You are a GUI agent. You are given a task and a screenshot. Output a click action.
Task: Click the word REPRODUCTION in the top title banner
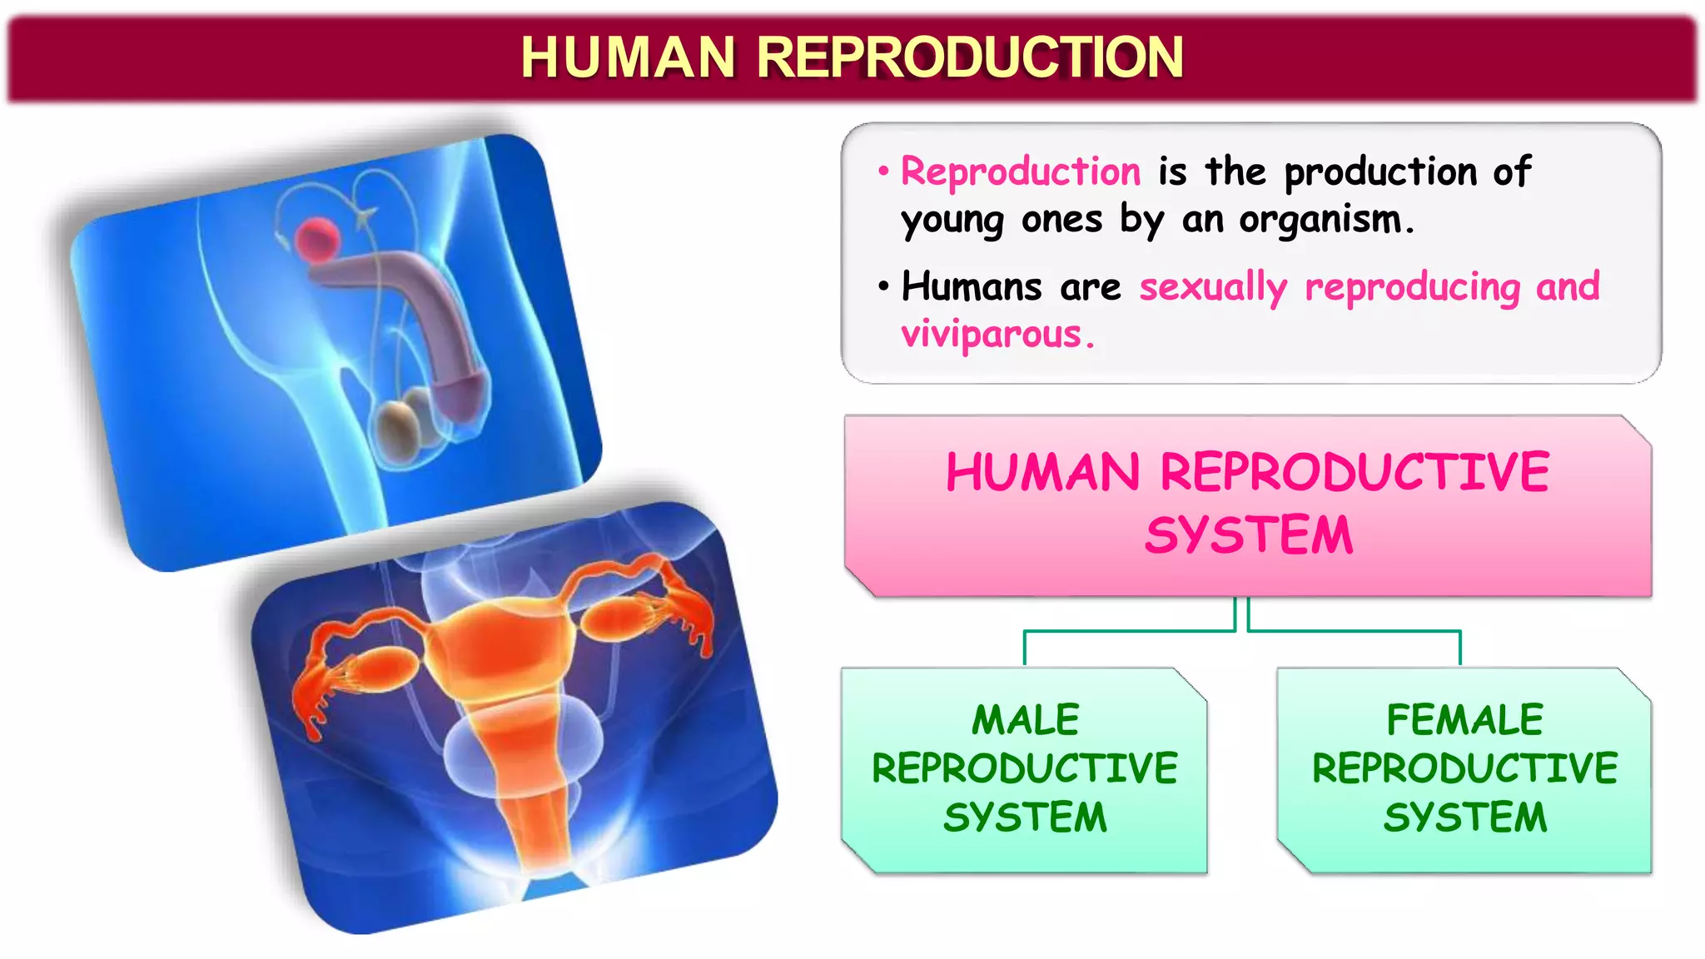pos(969,57)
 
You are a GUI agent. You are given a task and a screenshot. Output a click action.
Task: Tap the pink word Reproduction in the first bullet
pos(1021,171)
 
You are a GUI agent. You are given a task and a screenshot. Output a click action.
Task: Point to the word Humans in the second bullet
pos(971,286)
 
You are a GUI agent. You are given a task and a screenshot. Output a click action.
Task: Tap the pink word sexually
pos(1212,286)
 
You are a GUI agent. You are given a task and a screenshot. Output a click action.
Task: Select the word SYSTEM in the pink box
pos(1248,535)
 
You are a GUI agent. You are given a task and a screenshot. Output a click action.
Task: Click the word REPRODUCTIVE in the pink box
pos(1354,472)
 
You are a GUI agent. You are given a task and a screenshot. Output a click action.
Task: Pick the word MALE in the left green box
pos(1025,720)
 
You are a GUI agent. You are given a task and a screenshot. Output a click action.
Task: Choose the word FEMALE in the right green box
pos(1464,720)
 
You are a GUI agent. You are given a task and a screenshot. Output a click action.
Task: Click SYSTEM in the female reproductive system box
pos(1464,817)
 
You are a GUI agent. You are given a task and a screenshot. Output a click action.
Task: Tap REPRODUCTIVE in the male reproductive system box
pos(1025,768)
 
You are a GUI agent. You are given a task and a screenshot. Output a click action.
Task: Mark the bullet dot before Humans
pos(883,286)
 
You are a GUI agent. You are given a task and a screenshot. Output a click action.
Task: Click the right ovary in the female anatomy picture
pos(617,619)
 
